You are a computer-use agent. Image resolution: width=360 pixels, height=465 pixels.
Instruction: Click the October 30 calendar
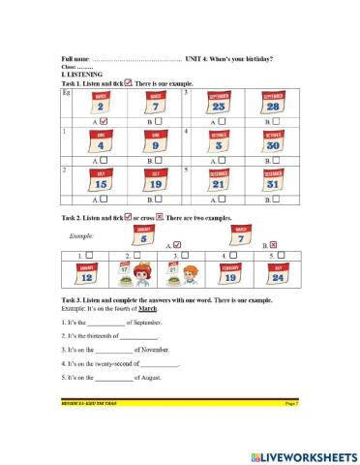tap(273, 141)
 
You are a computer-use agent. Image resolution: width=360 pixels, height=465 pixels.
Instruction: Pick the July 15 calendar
tap(101, 178)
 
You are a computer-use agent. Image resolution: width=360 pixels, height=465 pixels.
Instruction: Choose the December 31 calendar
tap(273, 178)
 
